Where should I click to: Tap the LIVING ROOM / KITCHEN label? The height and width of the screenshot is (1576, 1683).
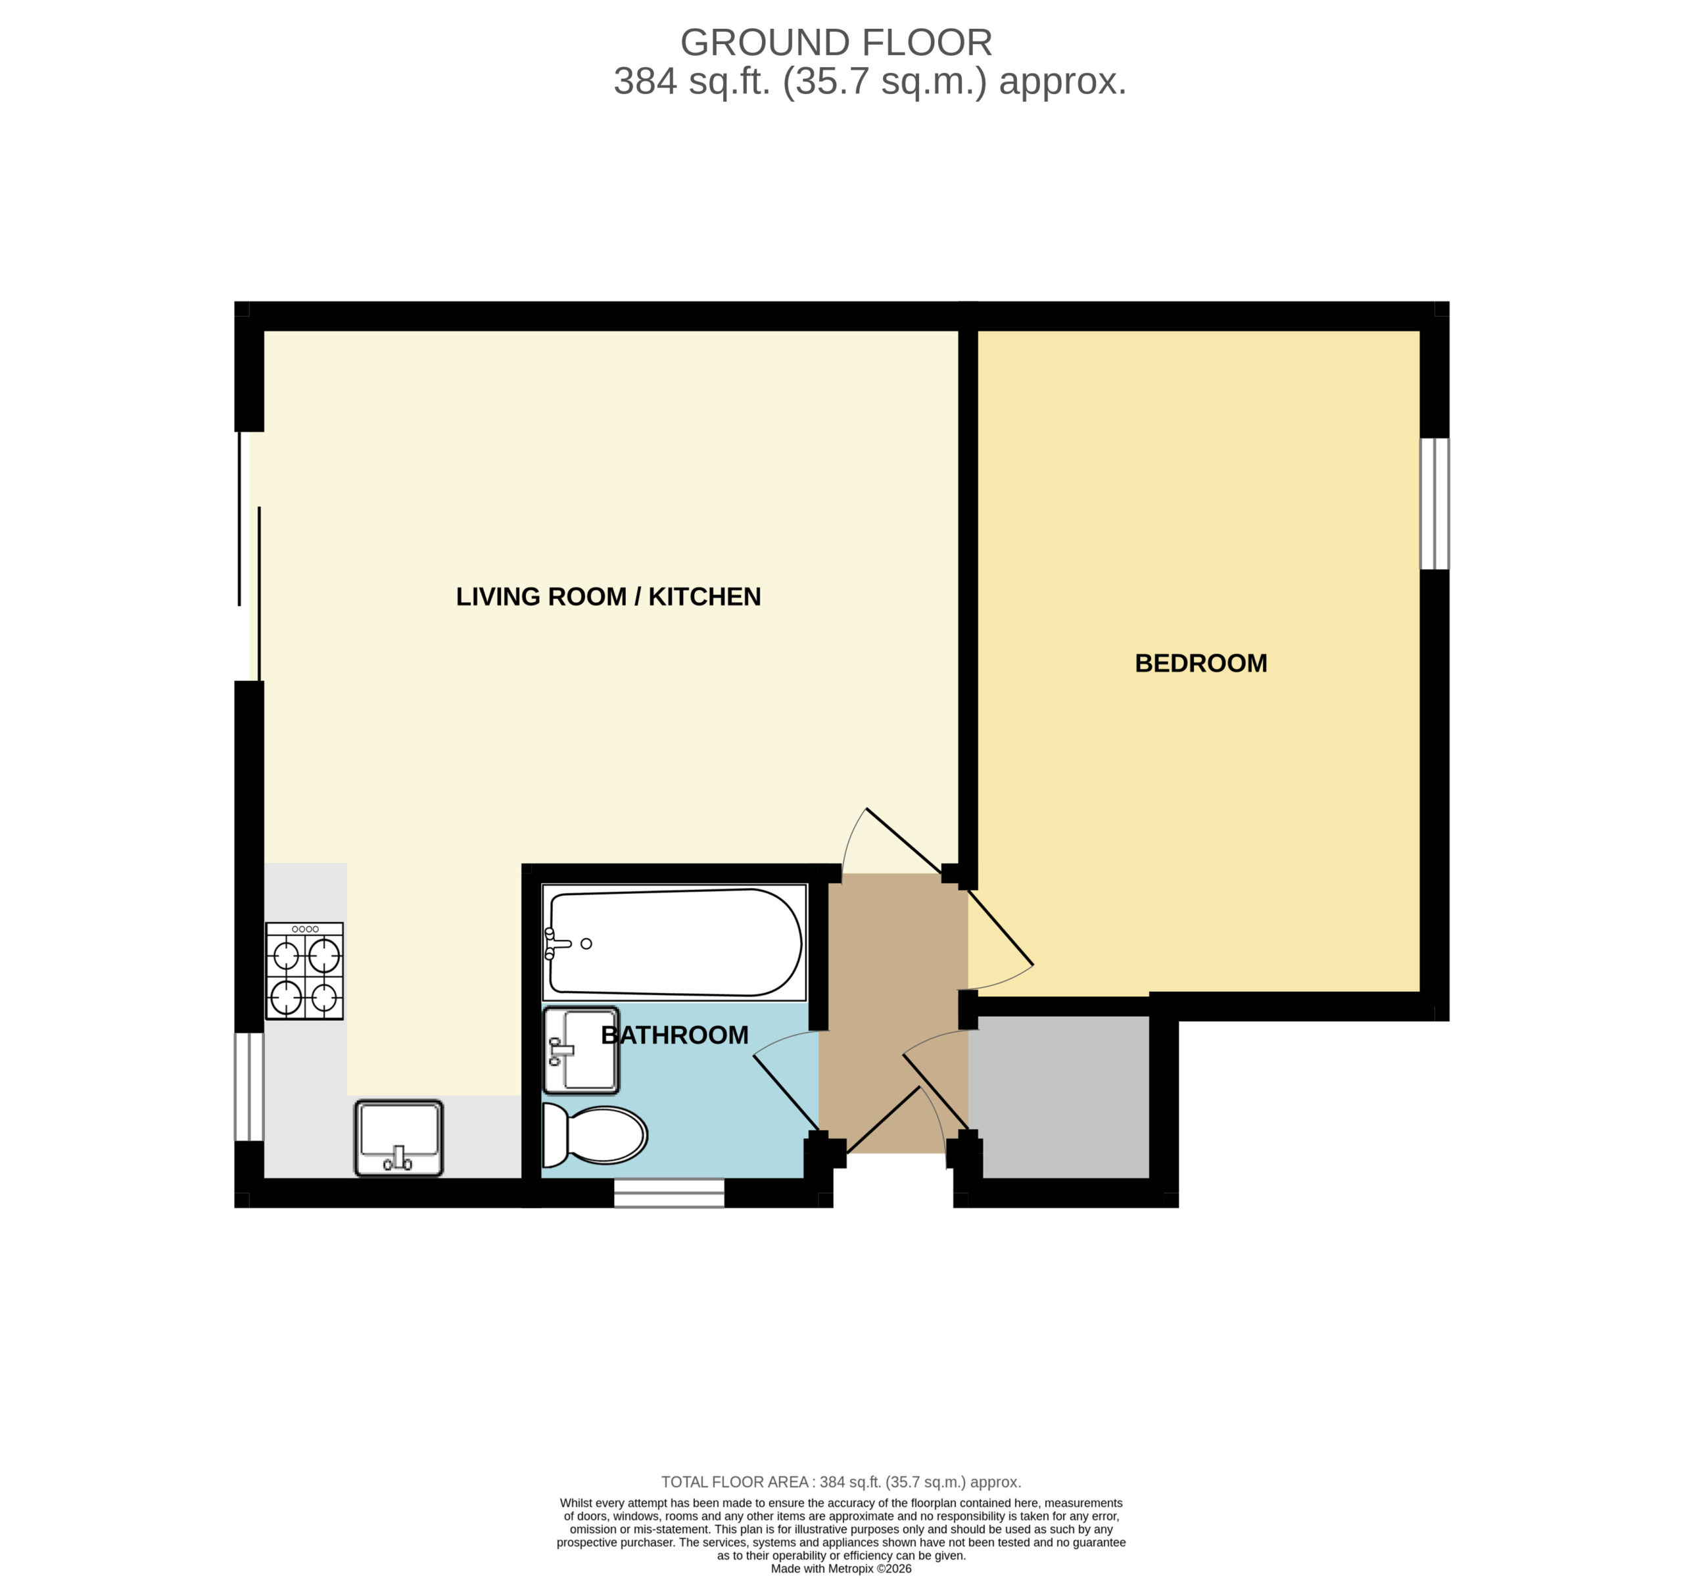[x=608, y=597]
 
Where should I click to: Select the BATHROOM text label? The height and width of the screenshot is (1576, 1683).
[x=674, y=1034]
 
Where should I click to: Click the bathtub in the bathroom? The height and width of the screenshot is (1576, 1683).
[x=674, y=942]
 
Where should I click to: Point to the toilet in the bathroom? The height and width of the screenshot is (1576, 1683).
[x=594, y=1134]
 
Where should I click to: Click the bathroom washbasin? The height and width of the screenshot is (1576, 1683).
[x=581, y=1050]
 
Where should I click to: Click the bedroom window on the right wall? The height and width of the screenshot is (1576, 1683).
[x=1434, y=503]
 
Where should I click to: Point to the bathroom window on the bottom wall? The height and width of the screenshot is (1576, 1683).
[x=669, y=1193]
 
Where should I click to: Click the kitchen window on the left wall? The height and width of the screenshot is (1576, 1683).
[x=249, y=1087]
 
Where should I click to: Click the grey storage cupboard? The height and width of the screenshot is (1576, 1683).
[x=1059, y=1097]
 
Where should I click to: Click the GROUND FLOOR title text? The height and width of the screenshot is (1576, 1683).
[x=836, y=42]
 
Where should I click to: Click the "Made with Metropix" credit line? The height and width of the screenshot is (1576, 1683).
[x=841, y=1568]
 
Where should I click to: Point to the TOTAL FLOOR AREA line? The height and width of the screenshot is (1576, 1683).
[x=841, y=1482]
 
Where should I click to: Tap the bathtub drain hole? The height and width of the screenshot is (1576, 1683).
[x=586, y=944]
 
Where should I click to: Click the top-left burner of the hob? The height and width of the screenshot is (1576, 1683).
[x=286, y=956]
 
